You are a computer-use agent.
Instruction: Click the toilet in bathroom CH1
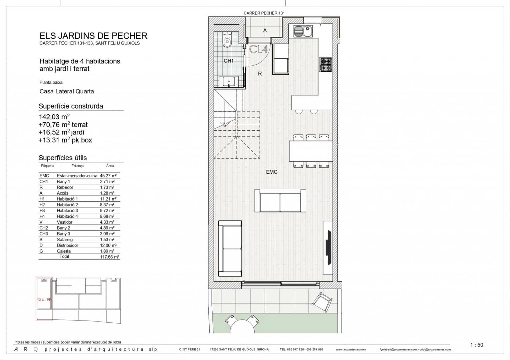227,40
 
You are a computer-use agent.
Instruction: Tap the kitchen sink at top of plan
303,31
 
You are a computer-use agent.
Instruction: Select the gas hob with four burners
326,64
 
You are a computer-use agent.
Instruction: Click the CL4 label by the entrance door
258,49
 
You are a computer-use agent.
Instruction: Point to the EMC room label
272,172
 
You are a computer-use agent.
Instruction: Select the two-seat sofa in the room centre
280,201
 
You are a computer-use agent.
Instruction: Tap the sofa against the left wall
230,248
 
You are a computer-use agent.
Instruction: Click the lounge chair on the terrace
322,301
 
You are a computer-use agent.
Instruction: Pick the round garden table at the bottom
242,327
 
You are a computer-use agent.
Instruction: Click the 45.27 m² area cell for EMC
108,176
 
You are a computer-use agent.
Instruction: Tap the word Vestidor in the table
64,222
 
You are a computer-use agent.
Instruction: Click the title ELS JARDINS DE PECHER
93,36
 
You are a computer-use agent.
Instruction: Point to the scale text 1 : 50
477,345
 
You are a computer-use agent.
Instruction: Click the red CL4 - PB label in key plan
44,300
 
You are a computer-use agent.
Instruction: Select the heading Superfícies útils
62,158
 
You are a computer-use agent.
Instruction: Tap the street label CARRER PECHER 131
264,13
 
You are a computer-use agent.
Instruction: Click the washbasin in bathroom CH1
229,82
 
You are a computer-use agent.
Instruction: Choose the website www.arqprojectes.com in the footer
351,349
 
